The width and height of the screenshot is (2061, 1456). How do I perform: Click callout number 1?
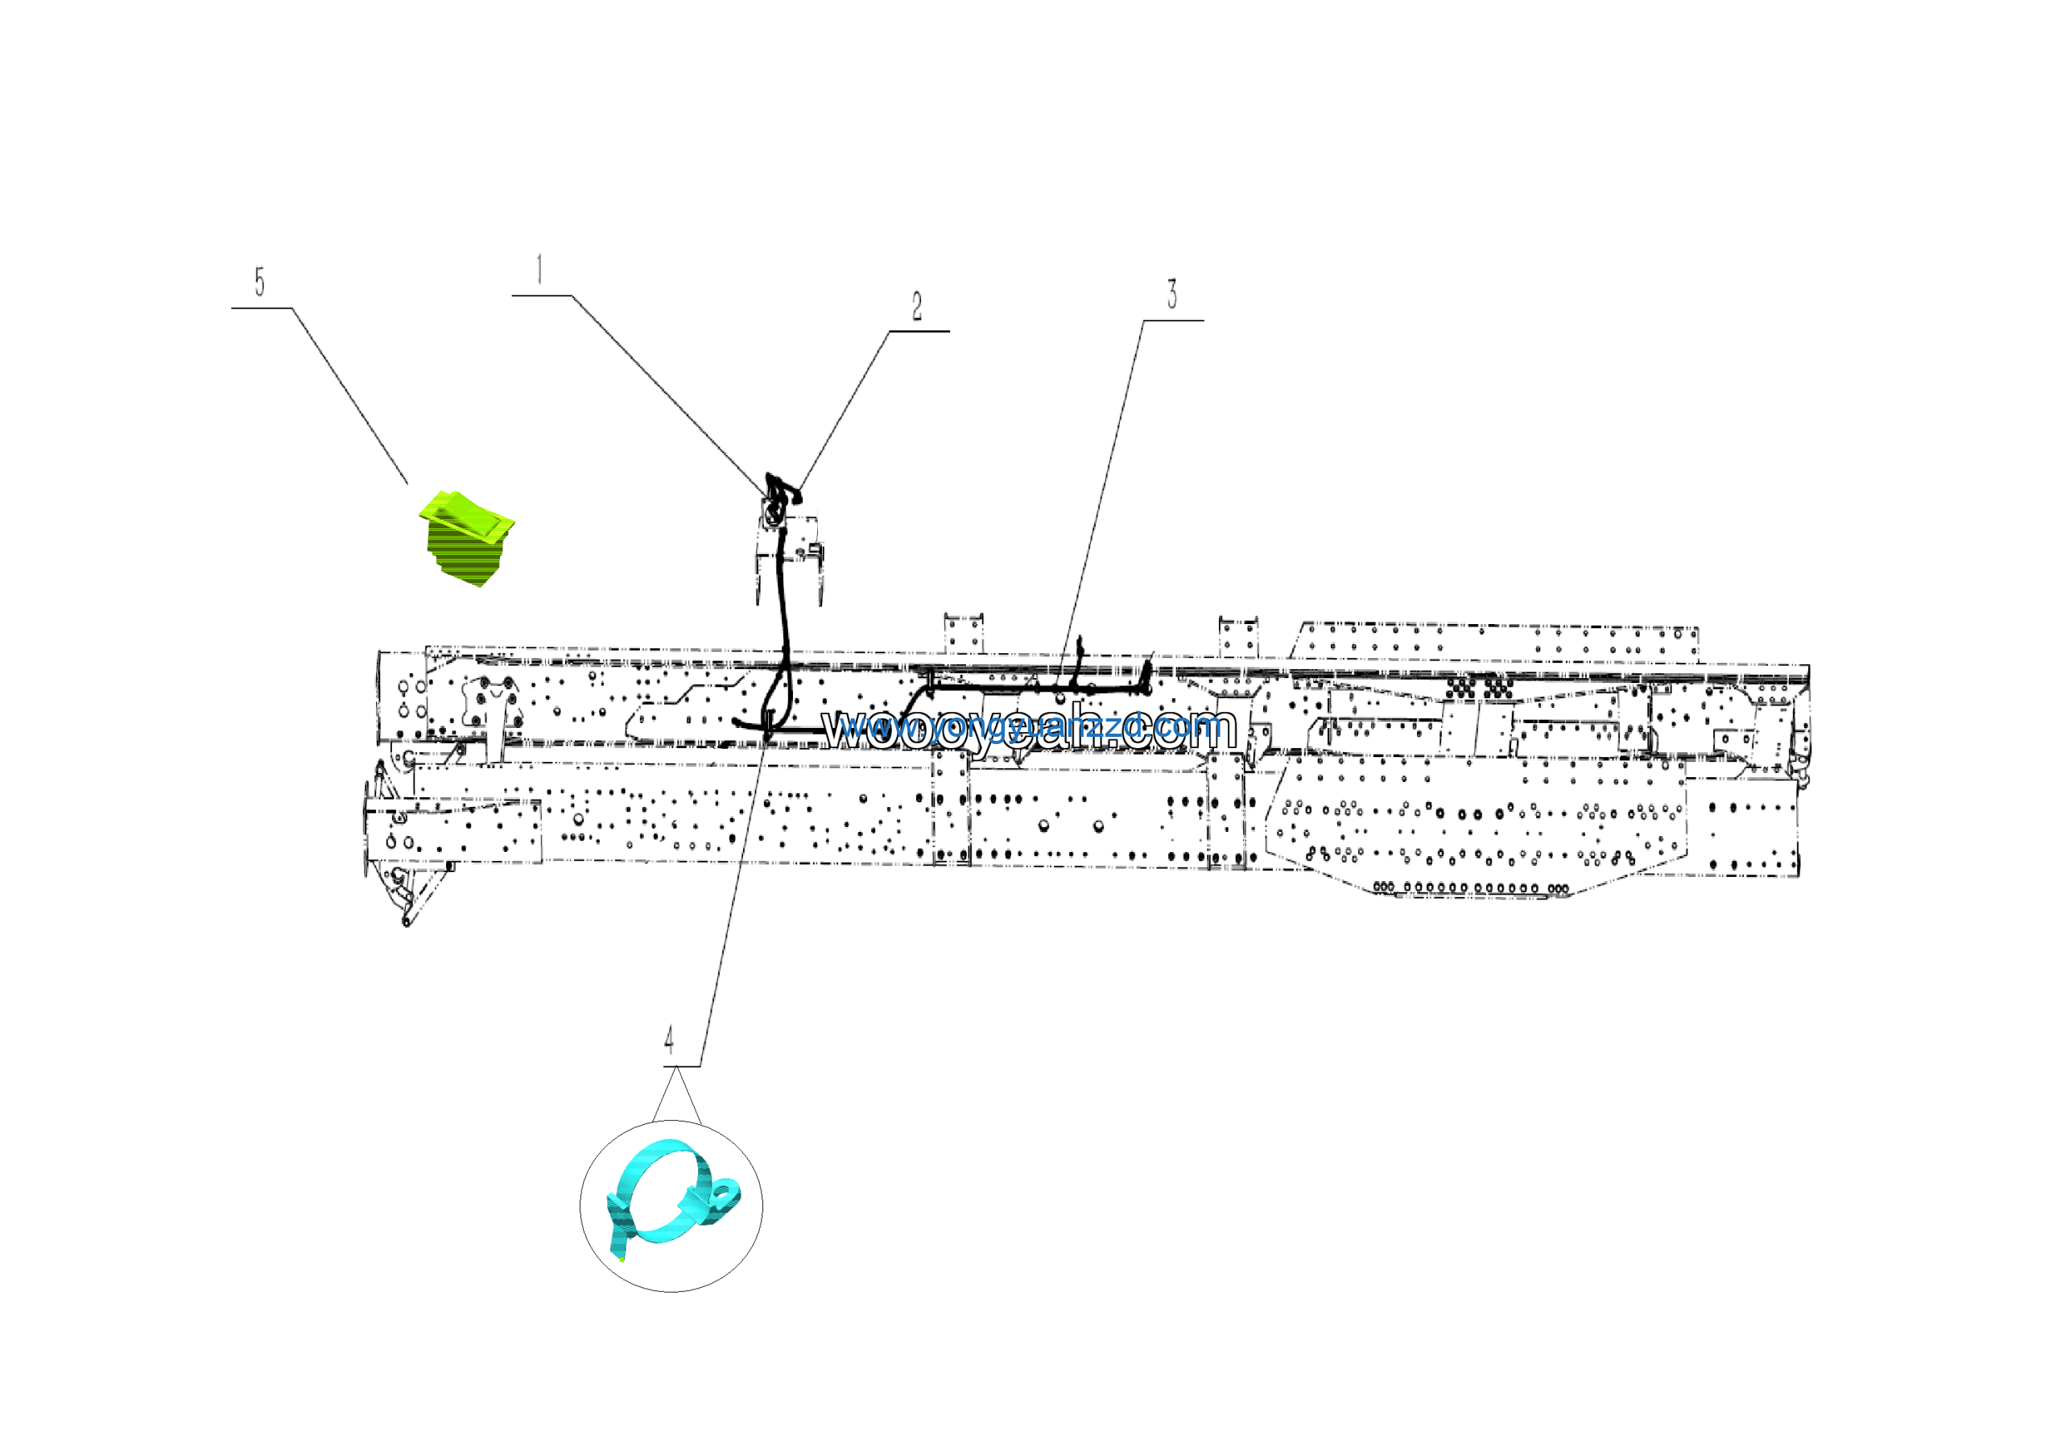(x=539, y=269)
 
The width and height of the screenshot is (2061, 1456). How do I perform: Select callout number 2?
(x=916, y=307)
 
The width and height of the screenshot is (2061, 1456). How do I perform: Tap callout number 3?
(x=1171, y=295)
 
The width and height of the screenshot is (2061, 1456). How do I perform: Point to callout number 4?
(x=669, y=1040)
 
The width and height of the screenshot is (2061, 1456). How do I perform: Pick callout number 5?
(x=259, y=282)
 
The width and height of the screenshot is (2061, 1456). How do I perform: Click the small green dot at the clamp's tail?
(x=622, y=1259)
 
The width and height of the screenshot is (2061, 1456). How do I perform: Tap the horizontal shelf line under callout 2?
(x=919, y=331)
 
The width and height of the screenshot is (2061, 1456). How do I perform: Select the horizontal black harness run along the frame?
(x=1032, y=688)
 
